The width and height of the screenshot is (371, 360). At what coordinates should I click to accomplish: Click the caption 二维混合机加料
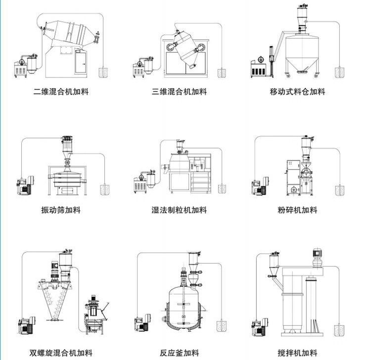point(61,92)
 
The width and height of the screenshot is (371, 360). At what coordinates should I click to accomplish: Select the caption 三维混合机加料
point(179,92)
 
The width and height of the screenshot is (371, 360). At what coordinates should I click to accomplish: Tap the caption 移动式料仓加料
point(297,92)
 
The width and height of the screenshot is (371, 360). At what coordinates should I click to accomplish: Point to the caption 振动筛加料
point(60,210)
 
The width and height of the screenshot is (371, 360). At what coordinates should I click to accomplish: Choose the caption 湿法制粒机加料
point(179,210)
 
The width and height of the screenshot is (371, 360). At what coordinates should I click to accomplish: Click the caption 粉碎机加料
point(297,210)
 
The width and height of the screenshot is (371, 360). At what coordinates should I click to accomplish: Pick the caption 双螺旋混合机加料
point(61,353)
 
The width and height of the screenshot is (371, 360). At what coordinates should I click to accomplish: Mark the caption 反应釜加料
point(179,353)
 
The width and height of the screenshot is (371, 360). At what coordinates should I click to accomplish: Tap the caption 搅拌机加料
point(297,353)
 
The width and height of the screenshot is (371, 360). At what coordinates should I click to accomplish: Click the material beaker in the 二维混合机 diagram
point(104,73)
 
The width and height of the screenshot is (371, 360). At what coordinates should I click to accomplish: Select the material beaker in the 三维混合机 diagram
point(221,73)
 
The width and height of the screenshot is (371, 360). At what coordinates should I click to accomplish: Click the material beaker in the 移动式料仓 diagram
point(339,73)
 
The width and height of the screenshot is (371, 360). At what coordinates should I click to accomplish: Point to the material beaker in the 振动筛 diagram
point(104,190)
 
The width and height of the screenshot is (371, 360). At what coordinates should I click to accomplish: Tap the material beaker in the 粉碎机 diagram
point(339,190)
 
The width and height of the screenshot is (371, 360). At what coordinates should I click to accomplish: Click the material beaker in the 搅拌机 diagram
point(339,329)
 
